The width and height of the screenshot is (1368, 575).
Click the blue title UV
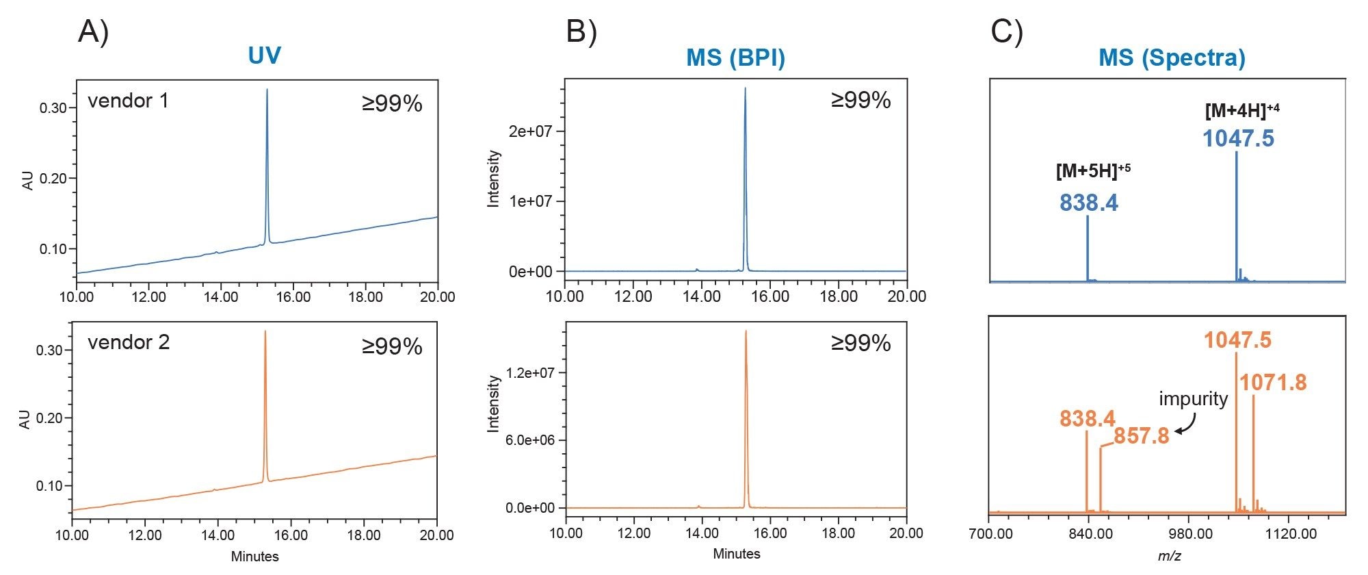pos(264,55)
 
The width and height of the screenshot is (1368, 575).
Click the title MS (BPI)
pos(735,57)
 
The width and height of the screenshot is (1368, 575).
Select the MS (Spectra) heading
pos(1172,57)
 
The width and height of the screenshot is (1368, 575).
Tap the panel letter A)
pos(93,31)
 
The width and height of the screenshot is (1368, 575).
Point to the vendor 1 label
pos(128,101)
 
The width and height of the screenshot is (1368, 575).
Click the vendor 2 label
pos(129,342)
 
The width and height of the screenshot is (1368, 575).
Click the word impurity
pos(1193,398)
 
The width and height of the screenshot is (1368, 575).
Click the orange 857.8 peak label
pos(1141,436)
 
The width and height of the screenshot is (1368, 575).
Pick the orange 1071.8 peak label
pos(1273,382)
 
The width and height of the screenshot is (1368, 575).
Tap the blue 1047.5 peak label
pos(1238,138)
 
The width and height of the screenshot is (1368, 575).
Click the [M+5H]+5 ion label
pos(1092,170)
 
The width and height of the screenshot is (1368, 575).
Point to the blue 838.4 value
pos(1088,203)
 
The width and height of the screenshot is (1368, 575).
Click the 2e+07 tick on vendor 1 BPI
pos(530,131)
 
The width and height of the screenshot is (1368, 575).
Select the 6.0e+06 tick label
pos(530,440)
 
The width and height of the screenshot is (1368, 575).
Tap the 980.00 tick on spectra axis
pos(1190,534)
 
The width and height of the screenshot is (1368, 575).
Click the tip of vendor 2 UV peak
pos(265,332)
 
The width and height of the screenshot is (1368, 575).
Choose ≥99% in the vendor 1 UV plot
pos(392,104)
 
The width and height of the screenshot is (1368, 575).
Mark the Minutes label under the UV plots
pos(254,557)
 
